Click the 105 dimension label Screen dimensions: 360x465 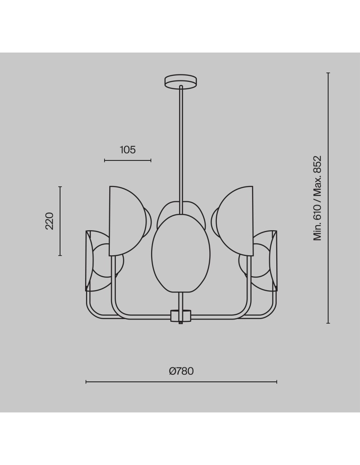(128, 150)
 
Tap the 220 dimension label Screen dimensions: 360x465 (49, 221)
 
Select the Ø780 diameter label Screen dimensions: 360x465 (181, 371)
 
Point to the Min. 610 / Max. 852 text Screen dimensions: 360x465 (317, 198)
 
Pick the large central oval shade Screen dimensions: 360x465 (181, 253)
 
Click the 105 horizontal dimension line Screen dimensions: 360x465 (128, 160)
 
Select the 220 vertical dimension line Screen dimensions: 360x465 (60, 221)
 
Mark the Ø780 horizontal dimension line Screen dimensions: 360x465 (181, 382)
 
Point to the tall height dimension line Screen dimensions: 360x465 (328, 198)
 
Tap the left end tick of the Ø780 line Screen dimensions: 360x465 (86, 382)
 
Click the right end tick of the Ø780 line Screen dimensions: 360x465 (277, 382)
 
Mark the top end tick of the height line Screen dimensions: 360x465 (328, 73)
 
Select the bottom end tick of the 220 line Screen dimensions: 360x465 (60, 255)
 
